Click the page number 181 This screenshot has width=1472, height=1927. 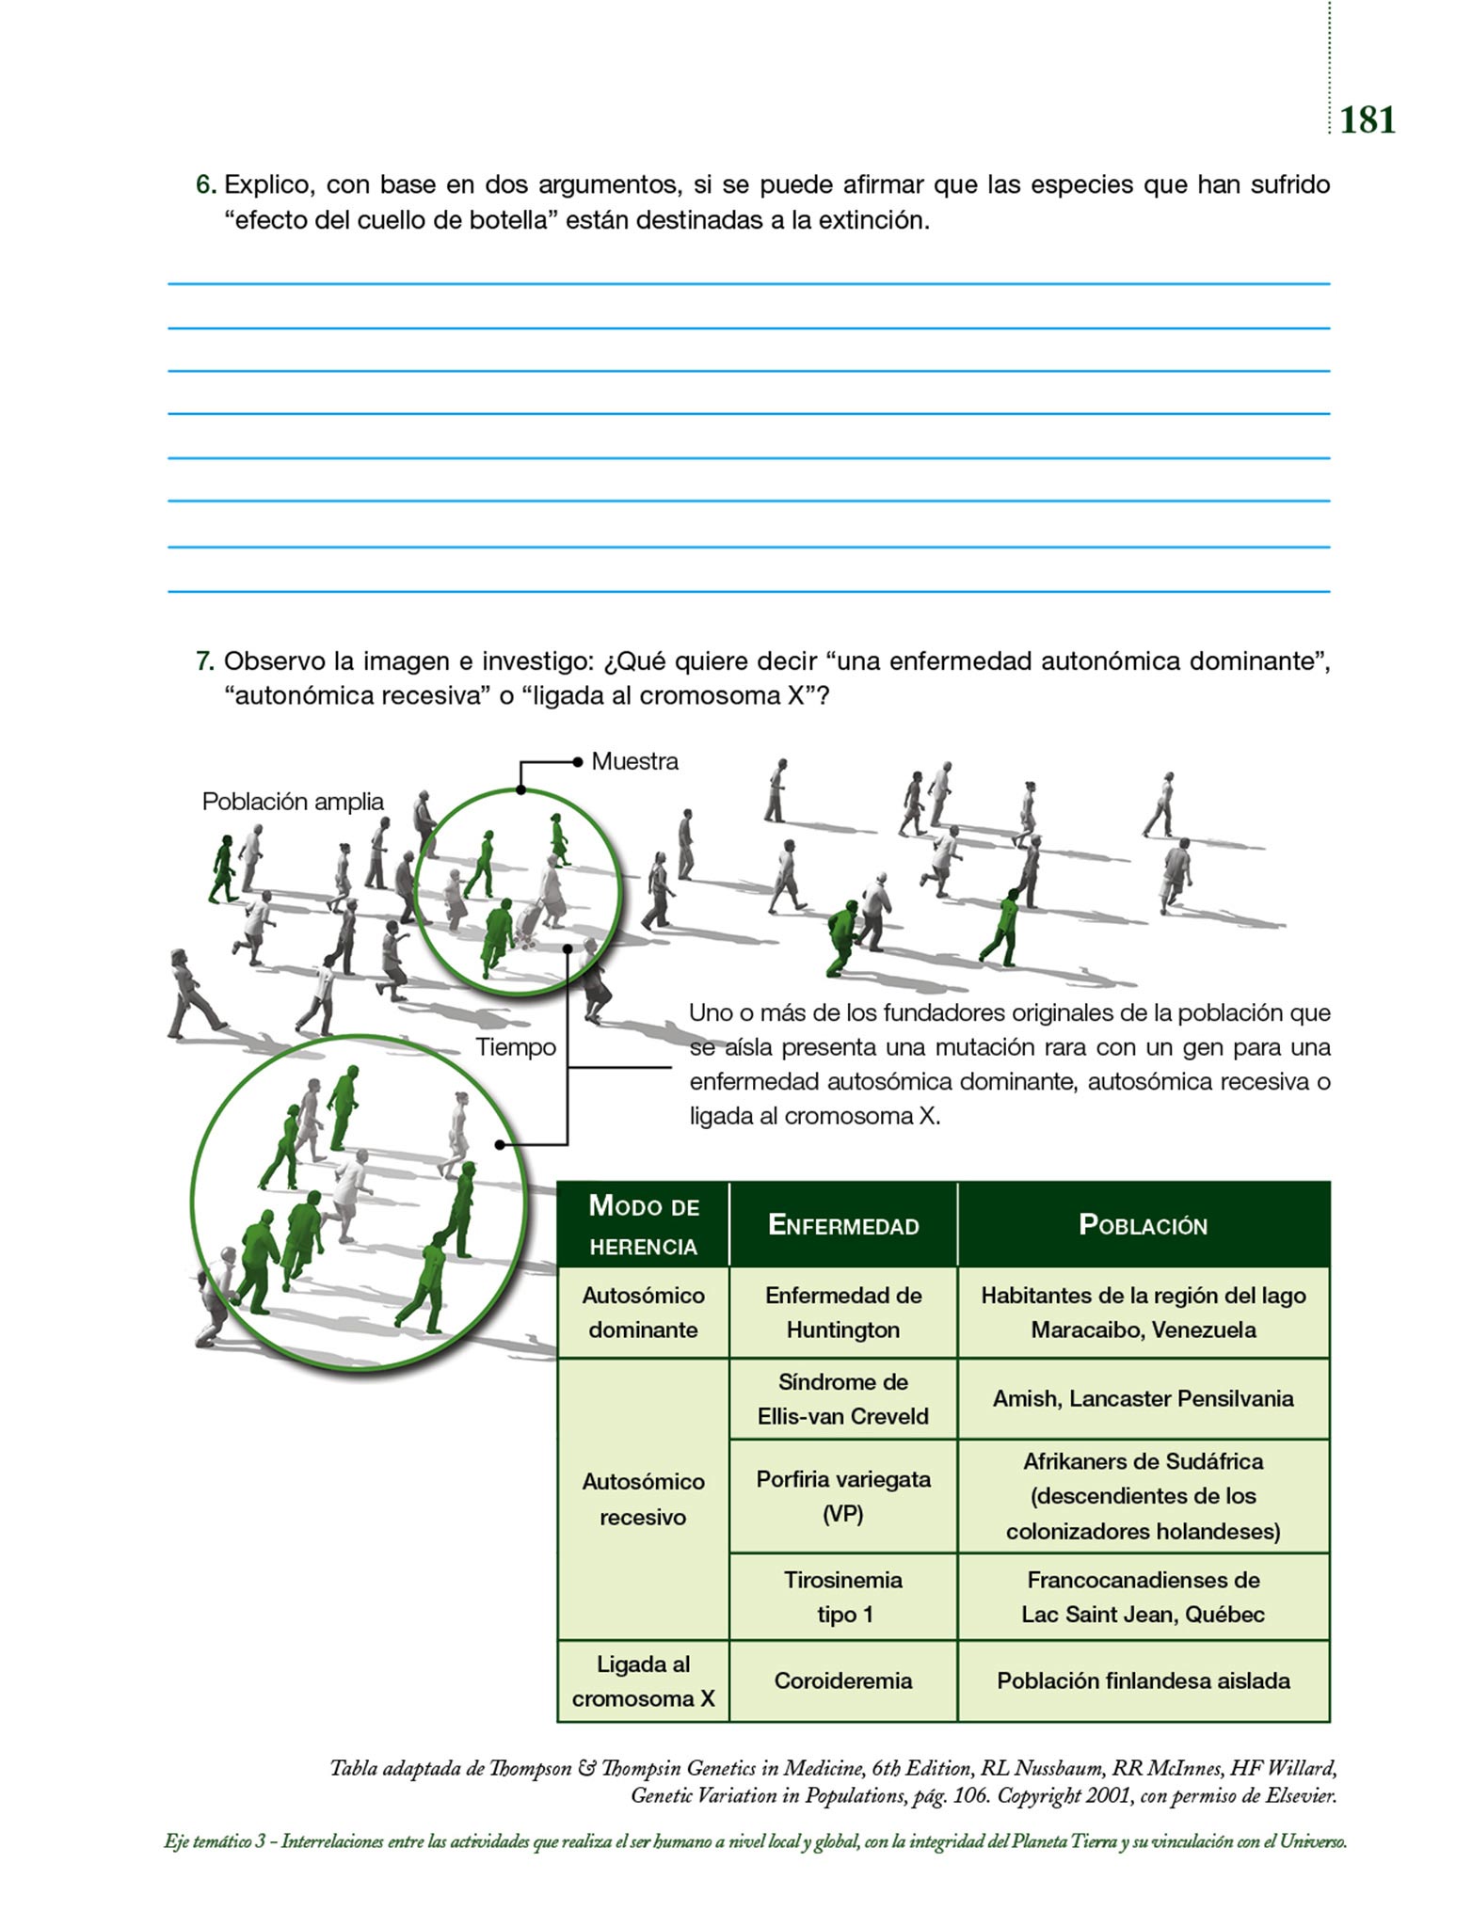[x=1367, y=120]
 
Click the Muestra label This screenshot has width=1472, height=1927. [x=634, y=761]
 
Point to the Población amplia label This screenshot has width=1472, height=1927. [x=293, y=802]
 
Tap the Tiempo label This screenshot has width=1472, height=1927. [x=515, y=1047]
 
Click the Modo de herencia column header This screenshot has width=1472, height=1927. [x=644, y=1225]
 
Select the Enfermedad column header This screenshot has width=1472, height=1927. [x=843, y=1225]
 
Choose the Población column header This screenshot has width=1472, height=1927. [x=1143, y=1225]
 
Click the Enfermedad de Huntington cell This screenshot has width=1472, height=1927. [x=843, y=1313]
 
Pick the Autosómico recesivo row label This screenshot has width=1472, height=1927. [x=643, y=1499]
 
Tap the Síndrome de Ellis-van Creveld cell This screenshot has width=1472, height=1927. [x=843, y=1399]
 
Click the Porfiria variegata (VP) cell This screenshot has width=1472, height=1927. [x=843, y=1496]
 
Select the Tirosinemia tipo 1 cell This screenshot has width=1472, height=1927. [x=843, y=1597]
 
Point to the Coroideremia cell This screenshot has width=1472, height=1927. [x=843, y=1680]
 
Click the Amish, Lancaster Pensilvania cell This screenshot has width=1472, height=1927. [x=1143, y=1399]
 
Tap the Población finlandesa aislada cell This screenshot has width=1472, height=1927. [x=1143, y=1680]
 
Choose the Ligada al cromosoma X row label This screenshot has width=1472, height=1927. [x=643, y=1681]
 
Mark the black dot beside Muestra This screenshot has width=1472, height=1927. [x=578, y=762]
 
